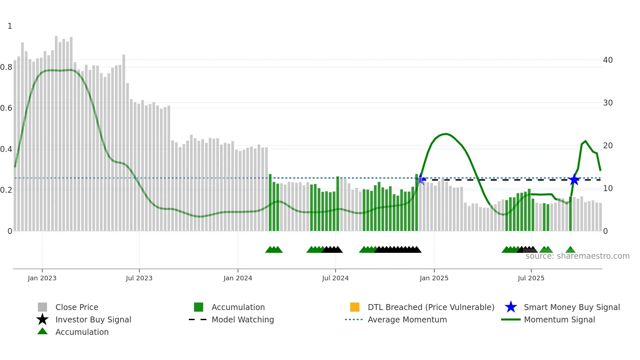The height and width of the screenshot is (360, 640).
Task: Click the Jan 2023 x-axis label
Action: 42,278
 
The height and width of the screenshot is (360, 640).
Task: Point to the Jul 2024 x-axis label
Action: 335,278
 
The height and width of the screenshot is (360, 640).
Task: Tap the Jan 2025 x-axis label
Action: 434,278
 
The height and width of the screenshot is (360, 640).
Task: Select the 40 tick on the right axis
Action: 608,60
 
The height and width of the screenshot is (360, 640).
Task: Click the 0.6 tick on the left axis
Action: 6,108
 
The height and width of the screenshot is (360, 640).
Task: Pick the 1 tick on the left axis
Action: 10,26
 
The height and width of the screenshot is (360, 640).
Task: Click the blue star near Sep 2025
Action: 574,180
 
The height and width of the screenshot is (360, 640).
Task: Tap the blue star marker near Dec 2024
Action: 421,179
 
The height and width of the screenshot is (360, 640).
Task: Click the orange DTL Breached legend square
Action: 355,307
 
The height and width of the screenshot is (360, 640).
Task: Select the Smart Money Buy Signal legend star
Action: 511,307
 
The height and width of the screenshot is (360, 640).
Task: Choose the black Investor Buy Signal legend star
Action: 42,319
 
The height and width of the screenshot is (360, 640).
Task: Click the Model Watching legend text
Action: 243,319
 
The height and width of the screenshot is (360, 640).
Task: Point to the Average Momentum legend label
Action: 407,319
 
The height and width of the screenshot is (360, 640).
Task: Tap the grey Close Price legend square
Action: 42,307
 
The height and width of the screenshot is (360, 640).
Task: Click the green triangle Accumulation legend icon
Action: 42,331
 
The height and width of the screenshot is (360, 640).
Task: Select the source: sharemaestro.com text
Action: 577,256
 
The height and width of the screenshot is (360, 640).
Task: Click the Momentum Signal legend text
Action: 559,319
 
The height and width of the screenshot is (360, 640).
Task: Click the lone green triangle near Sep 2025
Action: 570,250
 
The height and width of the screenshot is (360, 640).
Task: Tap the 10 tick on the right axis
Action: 608,188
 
